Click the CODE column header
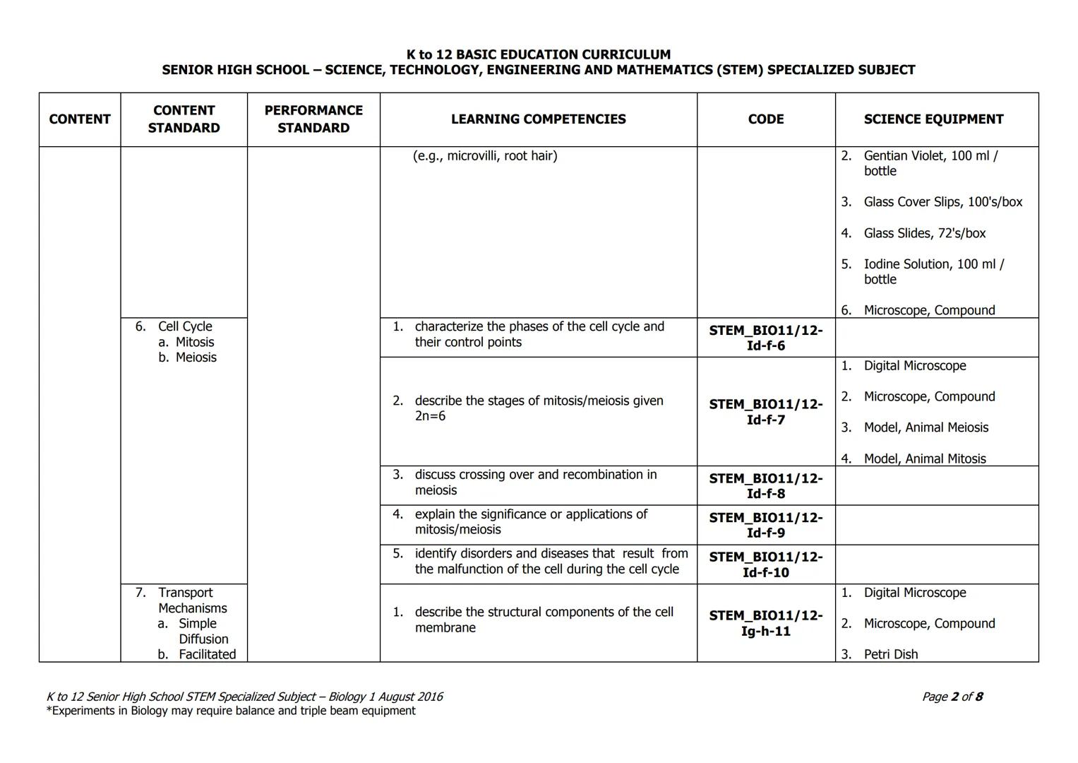pyautogui.click(x=765, y=119)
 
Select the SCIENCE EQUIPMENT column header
pyautogui.click(x=933, y=119)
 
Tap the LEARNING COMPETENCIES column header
pyautogui.click(x=538, y=119)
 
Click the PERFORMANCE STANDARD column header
pyautogui.click(x=313, y=119)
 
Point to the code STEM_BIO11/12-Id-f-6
pyautogui.click(x=765, y=338)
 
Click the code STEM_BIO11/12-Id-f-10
pyautogui.click(x=765, y=564)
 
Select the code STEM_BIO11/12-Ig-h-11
pyautogui.click(x=765, y=623)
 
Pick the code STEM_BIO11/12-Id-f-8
pyautogui.click(x=765, y=486)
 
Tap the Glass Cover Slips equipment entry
pyautogui.click(x=942, y=202)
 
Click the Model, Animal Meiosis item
pyautogui.click(x=926, y=427)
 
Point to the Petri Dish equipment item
pyautogui.click(x=890, y=654)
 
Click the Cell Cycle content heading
pyautogui.click(x=185, y=326)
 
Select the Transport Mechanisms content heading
pyautogui.click(x=191, y=601)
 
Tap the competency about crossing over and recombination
pyautogui.click(x=535, y=483)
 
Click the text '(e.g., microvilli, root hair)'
pyautogui.click(x=485, y=155)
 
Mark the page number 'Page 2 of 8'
pyautogui.click(x=952, y=697)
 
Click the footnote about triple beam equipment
pyautogui.click(x=231, y=711)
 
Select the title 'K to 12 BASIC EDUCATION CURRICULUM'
pyautogui.click(x=538, y=54)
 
